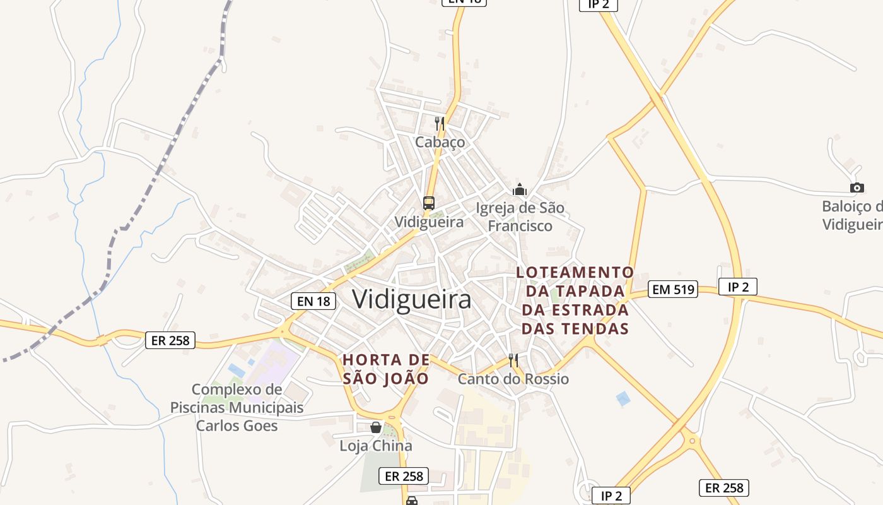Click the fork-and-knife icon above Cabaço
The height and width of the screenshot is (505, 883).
(440, 123)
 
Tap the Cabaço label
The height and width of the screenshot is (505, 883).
(440, 142)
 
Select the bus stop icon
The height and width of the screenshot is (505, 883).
(429, 203)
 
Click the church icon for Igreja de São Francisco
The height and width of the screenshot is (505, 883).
(520, 189)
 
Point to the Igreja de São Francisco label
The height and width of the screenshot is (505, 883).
(520, 217)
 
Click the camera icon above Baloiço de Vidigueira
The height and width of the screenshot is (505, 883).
(857, 187)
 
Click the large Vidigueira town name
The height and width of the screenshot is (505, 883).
(411, 299)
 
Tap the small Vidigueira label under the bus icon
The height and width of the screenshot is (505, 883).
(429, 222)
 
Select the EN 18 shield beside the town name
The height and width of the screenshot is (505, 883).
(313, 301)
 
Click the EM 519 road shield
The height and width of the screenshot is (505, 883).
(672, 290)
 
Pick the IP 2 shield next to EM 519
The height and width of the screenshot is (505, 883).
(737, 287)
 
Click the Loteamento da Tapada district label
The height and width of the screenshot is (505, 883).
(575, 300)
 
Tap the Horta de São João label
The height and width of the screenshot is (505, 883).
(386, 369)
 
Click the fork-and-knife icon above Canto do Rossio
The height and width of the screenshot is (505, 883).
(513, 360)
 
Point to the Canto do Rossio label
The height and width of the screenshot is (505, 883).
(513, 379)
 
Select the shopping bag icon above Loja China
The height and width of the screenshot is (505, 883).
(376, 427)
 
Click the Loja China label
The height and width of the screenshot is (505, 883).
(376, 446)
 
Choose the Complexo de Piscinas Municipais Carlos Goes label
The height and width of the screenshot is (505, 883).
(237, 407)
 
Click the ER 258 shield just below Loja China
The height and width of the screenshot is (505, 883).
(404, 476)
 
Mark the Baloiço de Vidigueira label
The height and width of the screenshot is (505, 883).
(852, 215)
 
